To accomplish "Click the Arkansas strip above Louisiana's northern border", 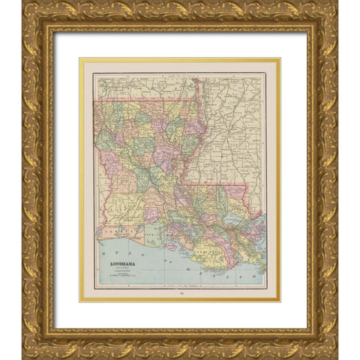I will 142,86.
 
